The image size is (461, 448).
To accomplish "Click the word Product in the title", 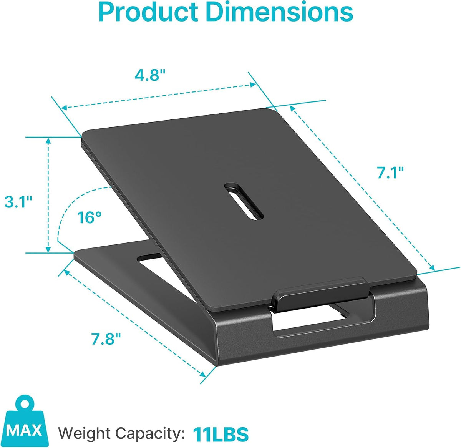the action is pos(148,12).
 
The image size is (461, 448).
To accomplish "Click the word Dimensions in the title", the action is pos(280,12).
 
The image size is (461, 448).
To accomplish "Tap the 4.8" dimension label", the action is pos(149,75).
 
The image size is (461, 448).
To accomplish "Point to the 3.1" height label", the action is pos(18,202).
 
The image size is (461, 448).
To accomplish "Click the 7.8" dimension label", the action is pos(106,339).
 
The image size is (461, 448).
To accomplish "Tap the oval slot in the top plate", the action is pos(244,201).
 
